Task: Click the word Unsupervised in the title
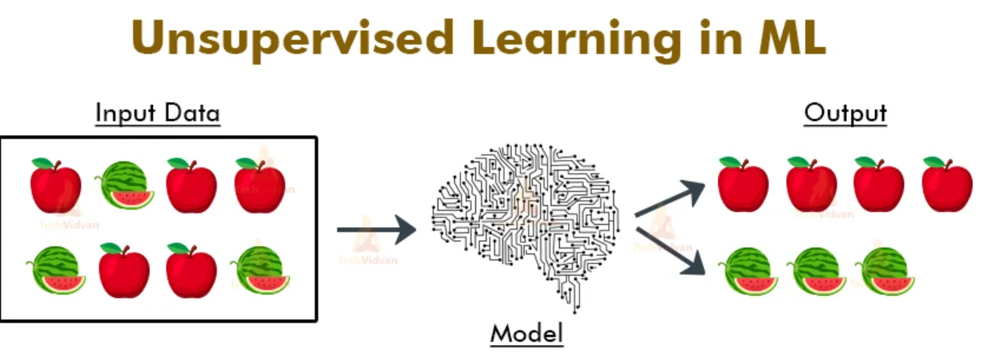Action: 293,38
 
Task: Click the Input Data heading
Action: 158,113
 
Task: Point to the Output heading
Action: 845,113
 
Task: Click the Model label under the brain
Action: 527,334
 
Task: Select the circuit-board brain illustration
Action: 525,227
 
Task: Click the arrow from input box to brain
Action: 376,229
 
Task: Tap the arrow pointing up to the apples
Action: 670,198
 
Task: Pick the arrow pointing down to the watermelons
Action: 670,251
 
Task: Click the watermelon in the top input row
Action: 124,185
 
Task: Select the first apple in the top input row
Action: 56,185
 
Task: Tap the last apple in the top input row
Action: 260,185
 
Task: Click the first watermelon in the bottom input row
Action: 56,270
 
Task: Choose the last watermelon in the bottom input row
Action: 260,270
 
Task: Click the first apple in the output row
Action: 743,184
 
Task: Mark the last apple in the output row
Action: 948,184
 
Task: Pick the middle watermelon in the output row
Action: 817,271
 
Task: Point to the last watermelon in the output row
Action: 885,271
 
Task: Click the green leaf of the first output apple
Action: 730,162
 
